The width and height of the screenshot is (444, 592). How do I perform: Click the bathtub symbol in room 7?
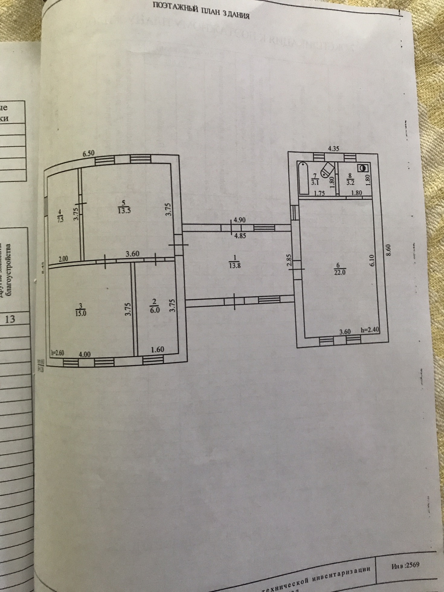303,178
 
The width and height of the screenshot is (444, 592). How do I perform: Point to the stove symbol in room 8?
362,168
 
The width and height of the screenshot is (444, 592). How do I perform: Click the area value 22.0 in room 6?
337,271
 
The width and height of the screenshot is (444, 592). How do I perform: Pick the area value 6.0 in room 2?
155,310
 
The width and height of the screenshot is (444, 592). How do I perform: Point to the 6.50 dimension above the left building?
88,153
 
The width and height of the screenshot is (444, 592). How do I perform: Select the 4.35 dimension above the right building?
334,148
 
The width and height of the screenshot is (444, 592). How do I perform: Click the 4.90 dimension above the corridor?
240,220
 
